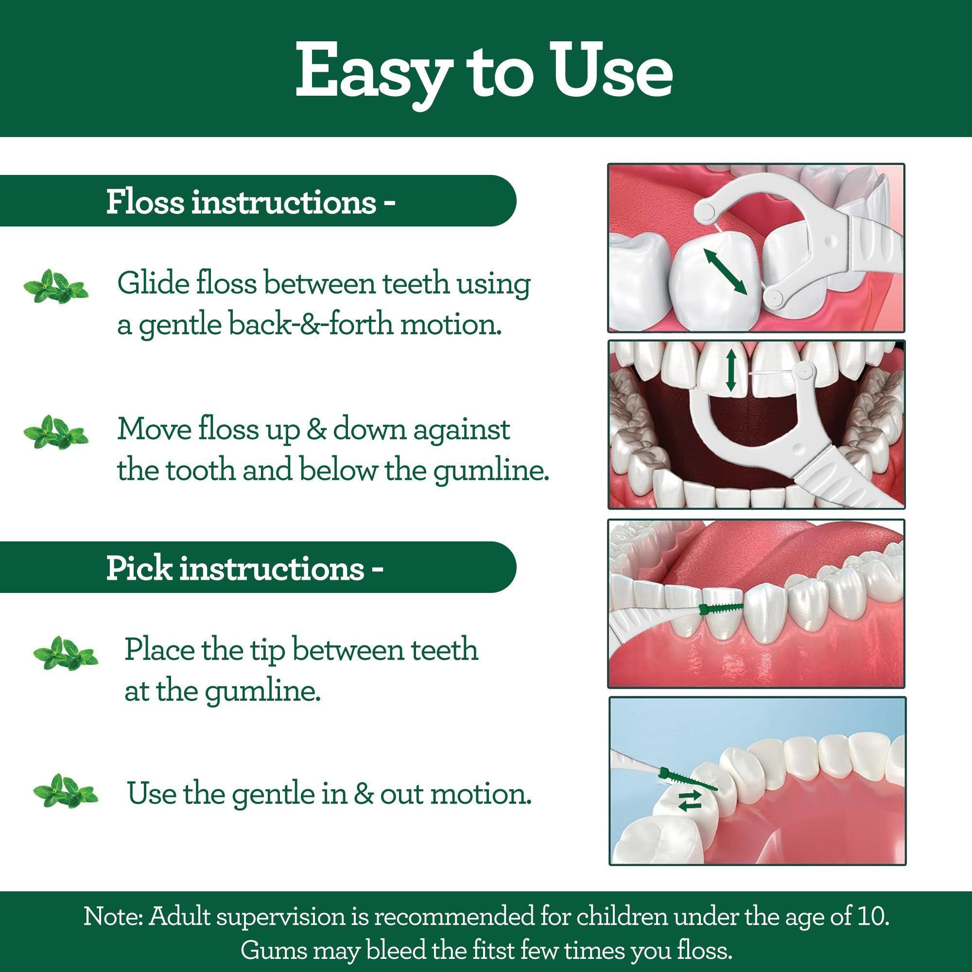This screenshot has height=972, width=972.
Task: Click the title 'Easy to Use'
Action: tap(484, 70)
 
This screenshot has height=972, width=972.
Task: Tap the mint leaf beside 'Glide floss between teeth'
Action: tap(55, 286)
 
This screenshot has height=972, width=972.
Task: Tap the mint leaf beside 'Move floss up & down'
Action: tap(55, 432)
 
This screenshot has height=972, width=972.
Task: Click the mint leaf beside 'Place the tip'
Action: tap(65, 653)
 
